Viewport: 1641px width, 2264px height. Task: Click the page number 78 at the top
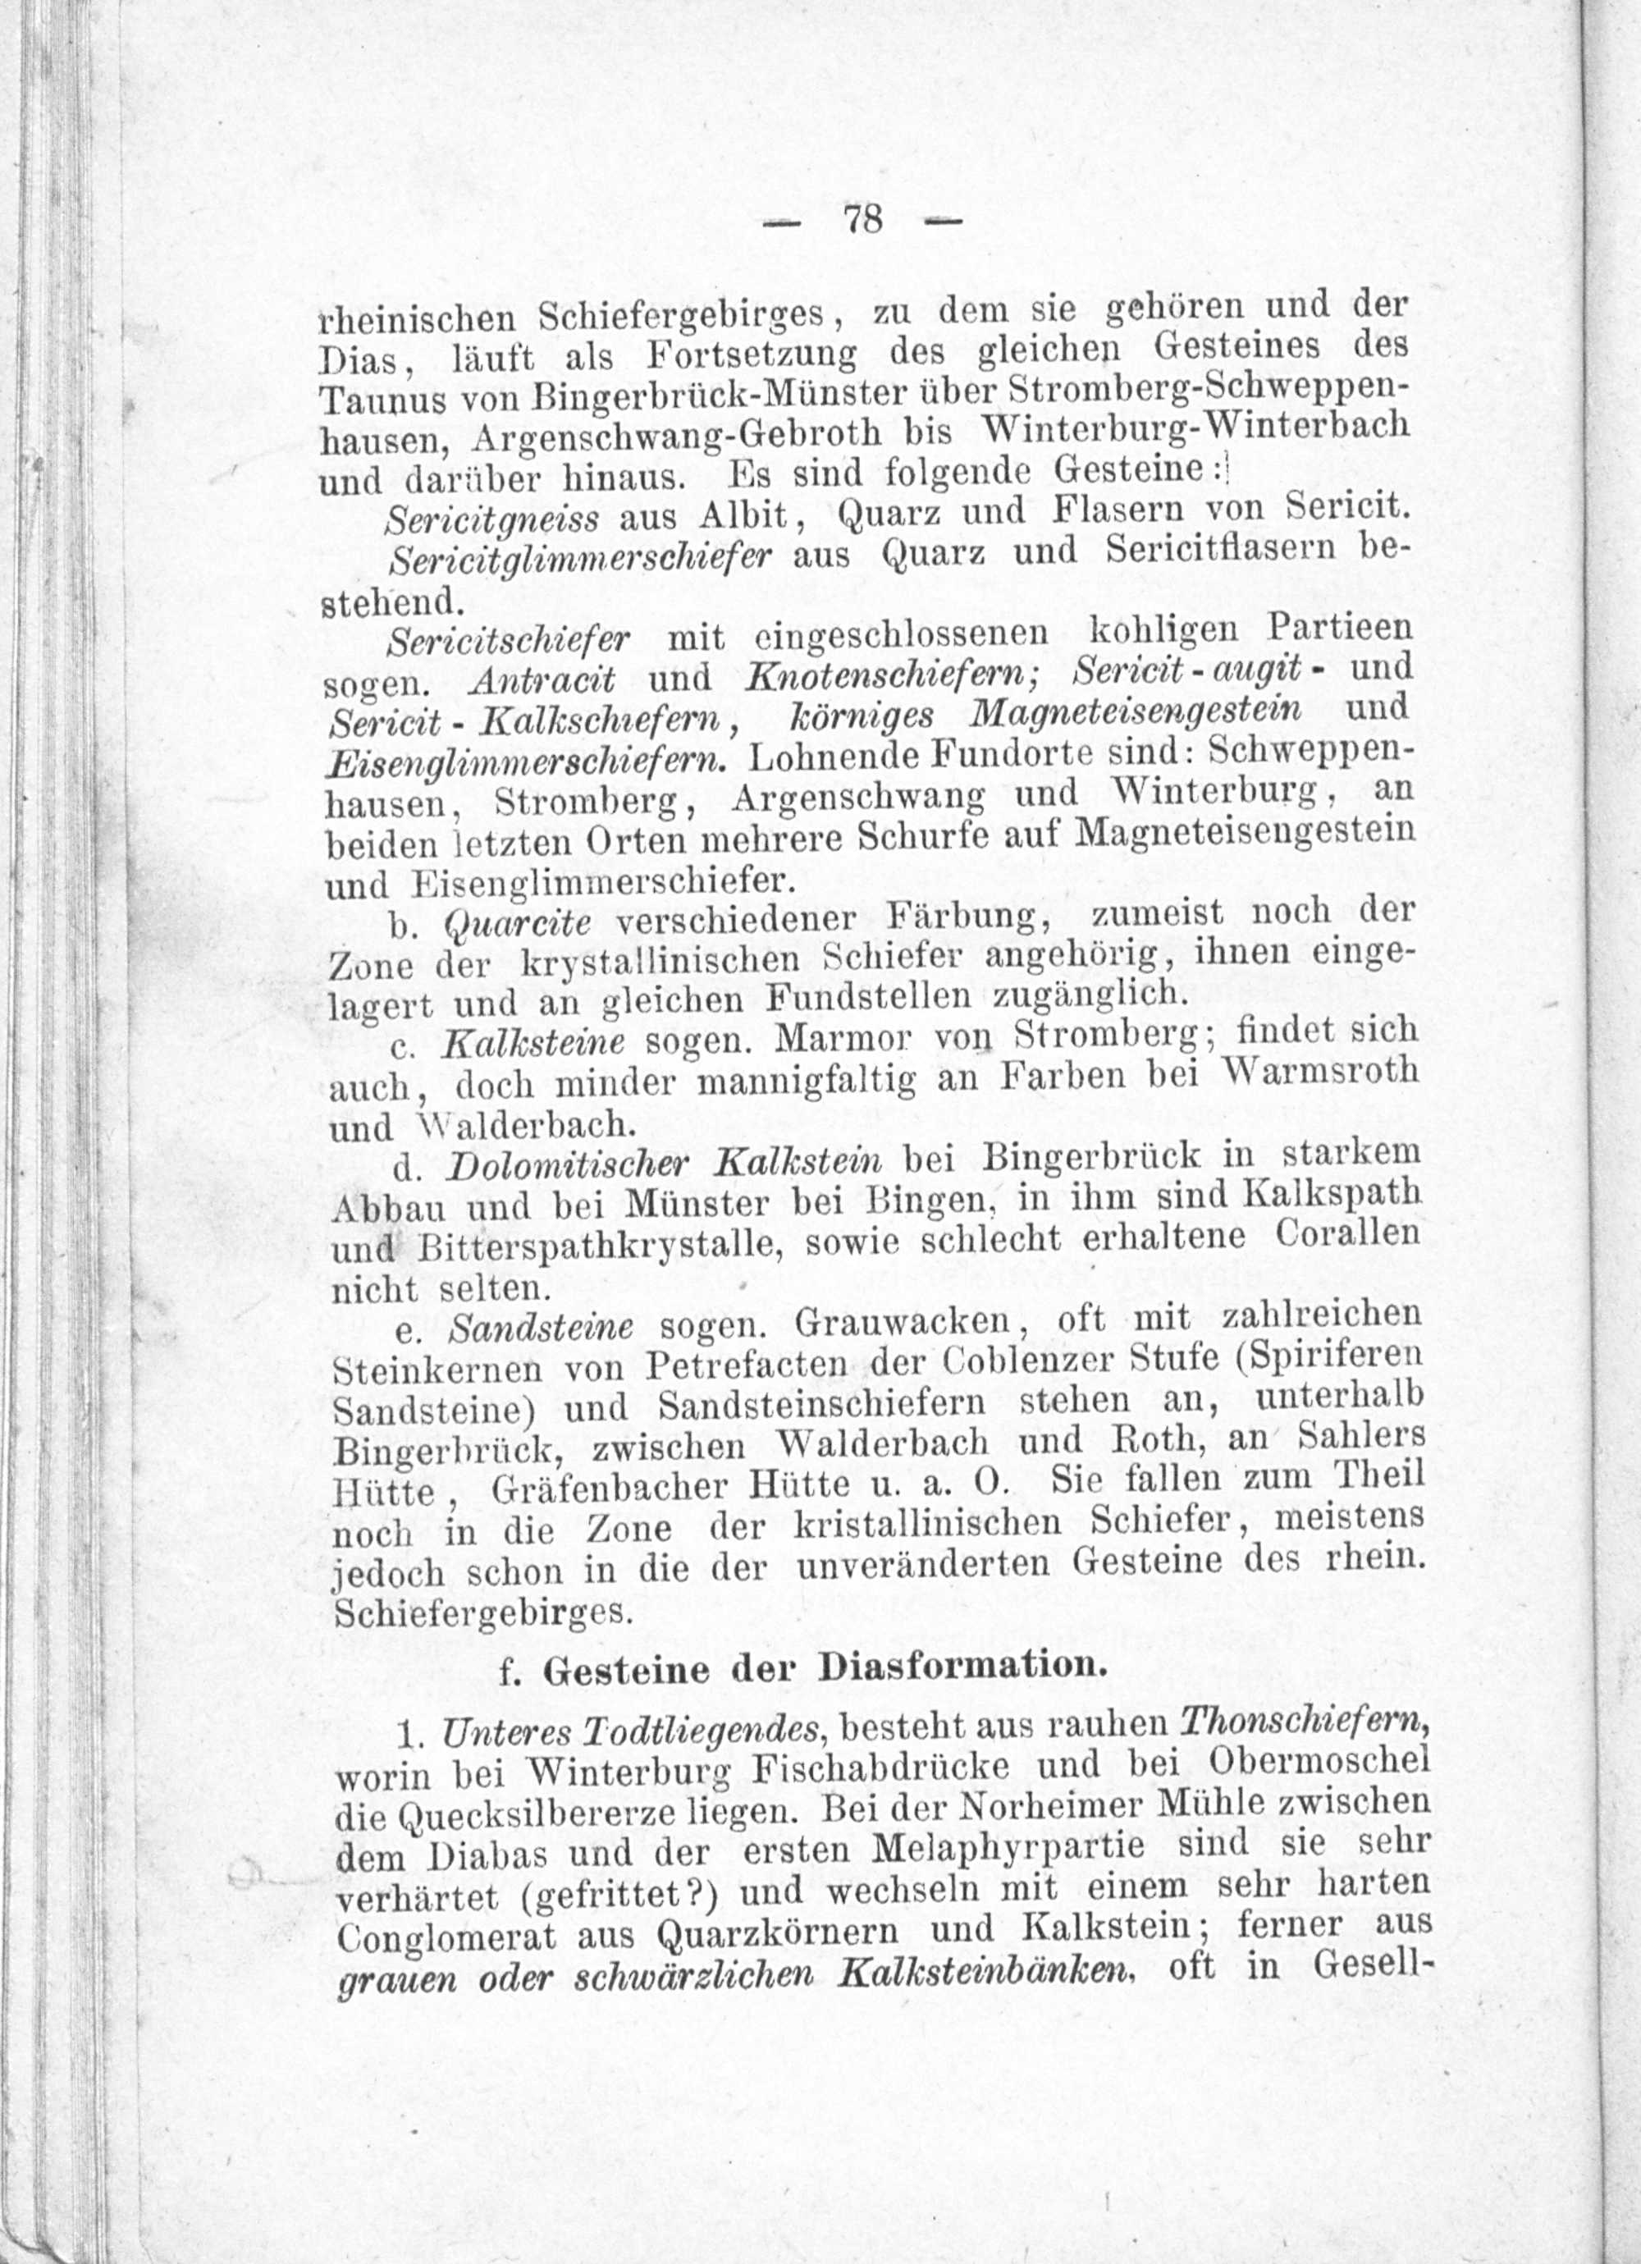(863, 218)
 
